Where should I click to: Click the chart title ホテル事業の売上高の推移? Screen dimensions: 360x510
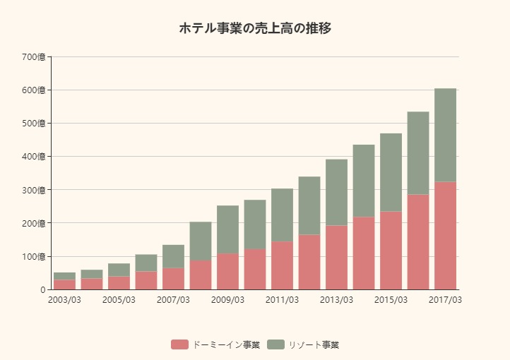point(255,28)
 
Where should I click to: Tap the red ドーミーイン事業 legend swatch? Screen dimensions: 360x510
point(179,344)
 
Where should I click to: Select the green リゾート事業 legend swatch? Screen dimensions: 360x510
point(276,344)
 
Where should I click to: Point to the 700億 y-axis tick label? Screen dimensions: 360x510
point(33,57)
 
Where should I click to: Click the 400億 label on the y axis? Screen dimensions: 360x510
point(33,157)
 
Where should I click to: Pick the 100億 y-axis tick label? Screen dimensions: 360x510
point(33,256)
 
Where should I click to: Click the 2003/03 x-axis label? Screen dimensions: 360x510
point(64,300)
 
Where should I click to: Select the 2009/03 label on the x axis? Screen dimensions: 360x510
point(227,300)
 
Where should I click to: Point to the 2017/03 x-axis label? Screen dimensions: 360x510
point(445,300)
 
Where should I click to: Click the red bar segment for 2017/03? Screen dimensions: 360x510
point(445,236)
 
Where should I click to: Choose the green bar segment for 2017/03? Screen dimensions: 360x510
point(445,135)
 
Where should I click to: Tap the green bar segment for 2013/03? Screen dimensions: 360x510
point(336,192)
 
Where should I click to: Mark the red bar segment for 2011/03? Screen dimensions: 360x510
point(282,265)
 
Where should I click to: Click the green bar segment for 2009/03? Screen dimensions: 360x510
point(227,229)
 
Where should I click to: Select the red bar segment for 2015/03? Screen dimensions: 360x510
point(391,251)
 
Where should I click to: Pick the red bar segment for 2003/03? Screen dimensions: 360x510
point(64,284)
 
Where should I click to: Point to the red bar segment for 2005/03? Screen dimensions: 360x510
point(119,282)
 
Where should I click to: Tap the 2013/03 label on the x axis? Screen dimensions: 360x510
point(336,300)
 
